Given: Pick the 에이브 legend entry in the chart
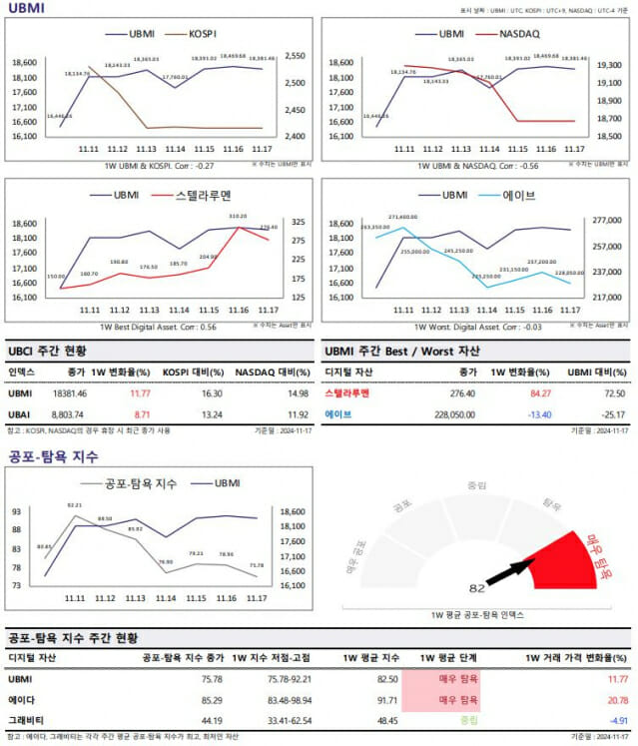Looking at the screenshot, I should [518, 195].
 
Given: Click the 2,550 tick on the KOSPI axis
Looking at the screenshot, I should [297, 56].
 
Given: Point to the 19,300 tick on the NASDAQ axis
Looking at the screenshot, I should [608, 65].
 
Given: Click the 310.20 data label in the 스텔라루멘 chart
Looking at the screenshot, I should [238, 216].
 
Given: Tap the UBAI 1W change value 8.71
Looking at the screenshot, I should [141, 412].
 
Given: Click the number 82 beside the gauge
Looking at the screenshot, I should [476, 588].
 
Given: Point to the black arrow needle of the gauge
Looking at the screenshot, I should [511, 572].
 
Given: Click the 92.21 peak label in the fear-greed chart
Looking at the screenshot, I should [74, 505].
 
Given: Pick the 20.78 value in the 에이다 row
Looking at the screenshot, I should [617, 700].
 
